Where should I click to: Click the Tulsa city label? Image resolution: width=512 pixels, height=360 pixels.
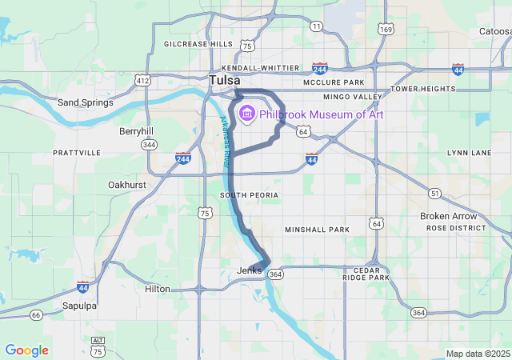coord(225,80)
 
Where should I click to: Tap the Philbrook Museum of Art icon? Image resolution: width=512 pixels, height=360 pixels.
coord(247,114)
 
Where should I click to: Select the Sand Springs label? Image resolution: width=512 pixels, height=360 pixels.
coord(86,102)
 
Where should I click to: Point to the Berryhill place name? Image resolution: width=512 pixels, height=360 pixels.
coord(136,130)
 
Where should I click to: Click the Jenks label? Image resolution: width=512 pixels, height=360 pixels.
coord(250,270)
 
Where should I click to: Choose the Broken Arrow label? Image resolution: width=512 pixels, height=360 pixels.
coord(448,216)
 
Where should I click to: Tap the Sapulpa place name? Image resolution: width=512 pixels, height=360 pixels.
coord(79,306)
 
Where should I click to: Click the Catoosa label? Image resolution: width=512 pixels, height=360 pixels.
coord(494,32)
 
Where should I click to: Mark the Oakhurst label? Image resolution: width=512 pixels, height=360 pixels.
coord(127,185)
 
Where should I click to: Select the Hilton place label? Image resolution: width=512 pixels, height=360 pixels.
coord(158,289)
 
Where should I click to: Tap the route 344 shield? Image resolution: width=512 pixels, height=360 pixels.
coord(148,145)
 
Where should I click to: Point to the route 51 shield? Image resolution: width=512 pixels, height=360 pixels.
coord(434,194)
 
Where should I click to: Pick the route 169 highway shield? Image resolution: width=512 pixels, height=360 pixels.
coord(386,30)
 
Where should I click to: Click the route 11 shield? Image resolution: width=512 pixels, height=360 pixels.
coord(317,26)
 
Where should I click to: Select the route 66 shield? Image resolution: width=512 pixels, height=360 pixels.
coord(36,315)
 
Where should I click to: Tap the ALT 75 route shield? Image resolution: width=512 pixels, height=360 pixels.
coord(98,346)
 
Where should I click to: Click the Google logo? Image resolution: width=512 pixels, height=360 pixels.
coord(27,350)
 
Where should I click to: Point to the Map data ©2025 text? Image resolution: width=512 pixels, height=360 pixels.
coord(478,354)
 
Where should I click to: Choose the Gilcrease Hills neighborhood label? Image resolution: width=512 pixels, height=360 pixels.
coord(198,44)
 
